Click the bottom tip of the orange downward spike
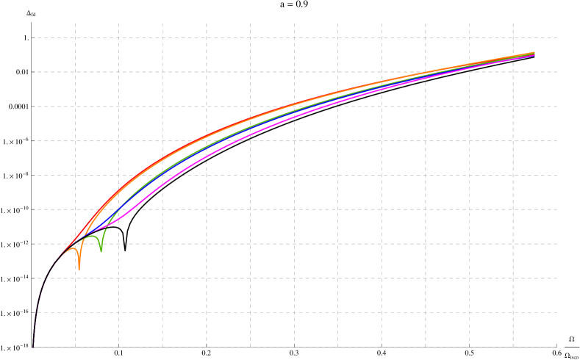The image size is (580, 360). [x=79, y=270]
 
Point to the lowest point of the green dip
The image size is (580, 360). [x=101, y=252]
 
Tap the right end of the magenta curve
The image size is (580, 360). [x=534, y=55]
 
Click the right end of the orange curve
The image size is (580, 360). [x=534, y=52]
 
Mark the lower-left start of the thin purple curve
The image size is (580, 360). [x=33, y=344]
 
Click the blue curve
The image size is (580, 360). [x=147, y=184]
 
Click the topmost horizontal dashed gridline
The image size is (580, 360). [x=294, y=37]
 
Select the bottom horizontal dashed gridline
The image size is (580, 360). [x=294, y=347]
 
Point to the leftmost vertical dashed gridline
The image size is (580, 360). [x=75, y=184]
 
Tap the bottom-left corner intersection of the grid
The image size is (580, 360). [x=75, y=347]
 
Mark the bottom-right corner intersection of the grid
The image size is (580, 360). [x=513, y=347]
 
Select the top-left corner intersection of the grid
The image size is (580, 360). [x=75, y=37]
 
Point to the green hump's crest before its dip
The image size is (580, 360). [x=92, y=237]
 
